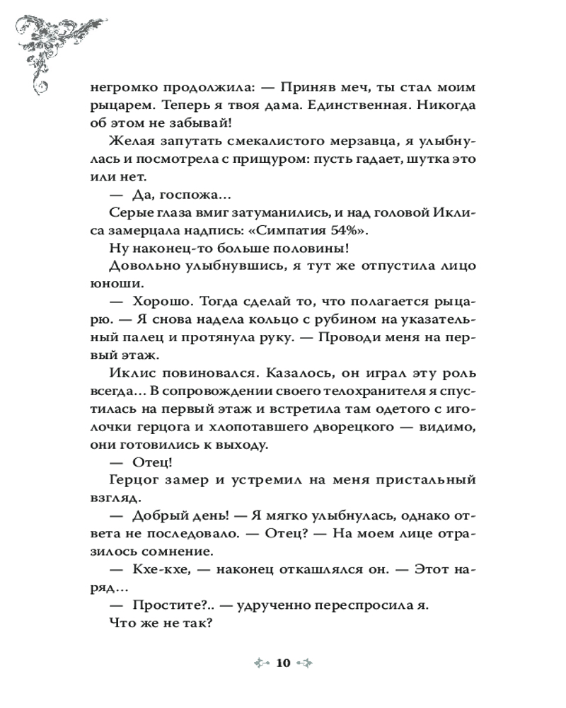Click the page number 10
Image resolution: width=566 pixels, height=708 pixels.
(283, 663)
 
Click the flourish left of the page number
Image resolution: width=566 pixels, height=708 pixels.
(262, 663)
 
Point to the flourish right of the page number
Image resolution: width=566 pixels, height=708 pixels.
(304, 663)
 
